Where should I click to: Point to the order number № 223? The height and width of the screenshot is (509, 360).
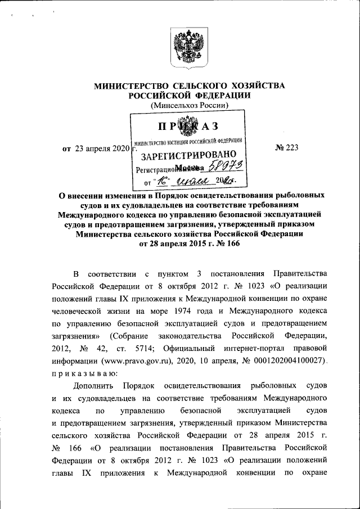pyautogui.click(x=286, y=148)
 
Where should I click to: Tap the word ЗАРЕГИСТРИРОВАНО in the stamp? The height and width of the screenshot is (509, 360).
pyautogui.click(x=184, y=156)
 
